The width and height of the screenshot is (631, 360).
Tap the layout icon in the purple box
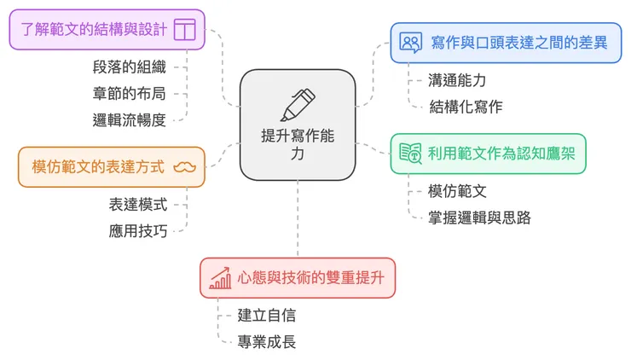click(184, 30)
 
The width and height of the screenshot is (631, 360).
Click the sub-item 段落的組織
click(130, 67)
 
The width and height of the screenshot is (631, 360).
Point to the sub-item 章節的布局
click(130, 93)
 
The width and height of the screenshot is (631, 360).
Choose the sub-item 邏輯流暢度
click(130, 119)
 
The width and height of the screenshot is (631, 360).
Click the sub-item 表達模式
click(138, 204)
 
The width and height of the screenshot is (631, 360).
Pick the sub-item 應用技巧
click(138, 230)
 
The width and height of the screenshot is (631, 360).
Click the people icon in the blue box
click(411, 43)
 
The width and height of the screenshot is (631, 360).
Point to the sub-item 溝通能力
click(458, 80)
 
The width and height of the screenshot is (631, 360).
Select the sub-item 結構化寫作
click(466, 107)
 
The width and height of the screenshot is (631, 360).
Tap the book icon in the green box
click(411, 154)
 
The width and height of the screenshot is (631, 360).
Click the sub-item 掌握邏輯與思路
click(480, 218)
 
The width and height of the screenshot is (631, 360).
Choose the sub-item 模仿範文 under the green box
click(458, 191)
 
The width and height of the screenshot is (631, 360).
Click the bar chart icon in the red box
click(221, 277)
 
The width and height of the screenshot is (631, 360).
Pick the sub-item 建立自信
click(267, 315)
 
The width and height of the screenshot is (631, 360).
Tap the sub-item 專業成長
click(267, 341)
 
